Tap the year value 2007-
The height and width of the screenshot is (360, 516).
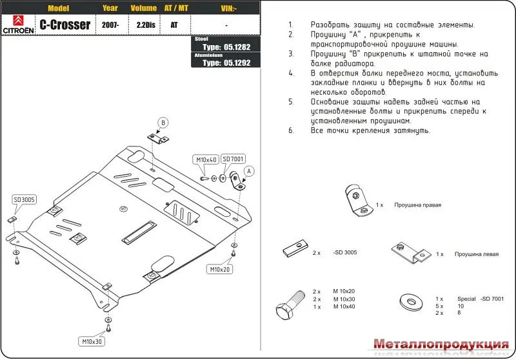(109, 25)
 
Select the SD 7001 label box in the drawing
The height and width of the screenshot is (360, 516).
(232, 159)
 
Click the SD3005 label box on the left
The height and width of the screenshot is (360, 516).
(24, 200)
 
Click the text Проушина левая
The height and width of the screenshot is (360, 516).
(476, 254)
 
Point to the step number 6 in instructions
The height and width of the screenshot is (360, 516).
(291, 131)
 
